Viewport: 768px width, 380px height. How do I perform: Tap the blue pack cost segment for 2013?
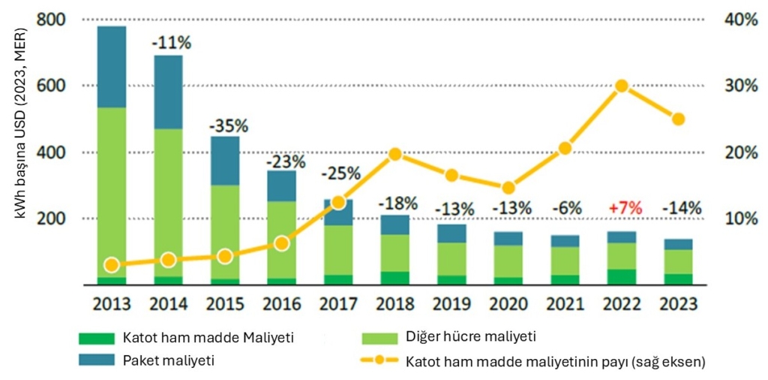[x=112, y=67]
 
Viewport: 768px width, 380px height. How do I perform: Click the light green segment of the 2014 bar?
[x=169, y=203]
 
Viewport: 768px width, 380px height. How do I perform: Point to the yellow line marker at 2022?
[x=621, y=86]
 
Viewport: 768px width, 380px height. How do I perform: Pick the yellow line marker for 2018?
[x=395, y=155]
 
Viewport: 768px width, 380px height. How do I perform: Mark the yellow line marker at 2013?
[x=112, y=264]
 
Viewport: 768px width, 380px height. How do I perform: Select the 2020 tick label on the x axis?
[x=508, y=305]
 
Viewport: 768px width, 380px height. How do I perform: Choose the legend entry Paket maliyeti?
[x=167, y=360]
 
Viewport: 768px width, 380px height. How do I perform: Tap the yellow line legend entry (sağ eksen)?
[x=555, y=360]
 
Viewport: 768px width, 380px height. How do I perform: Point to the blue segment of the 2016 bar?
[x=282, y=185]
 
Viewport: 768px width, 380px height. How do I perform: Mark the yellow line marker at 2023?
[x=678, y=119]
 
